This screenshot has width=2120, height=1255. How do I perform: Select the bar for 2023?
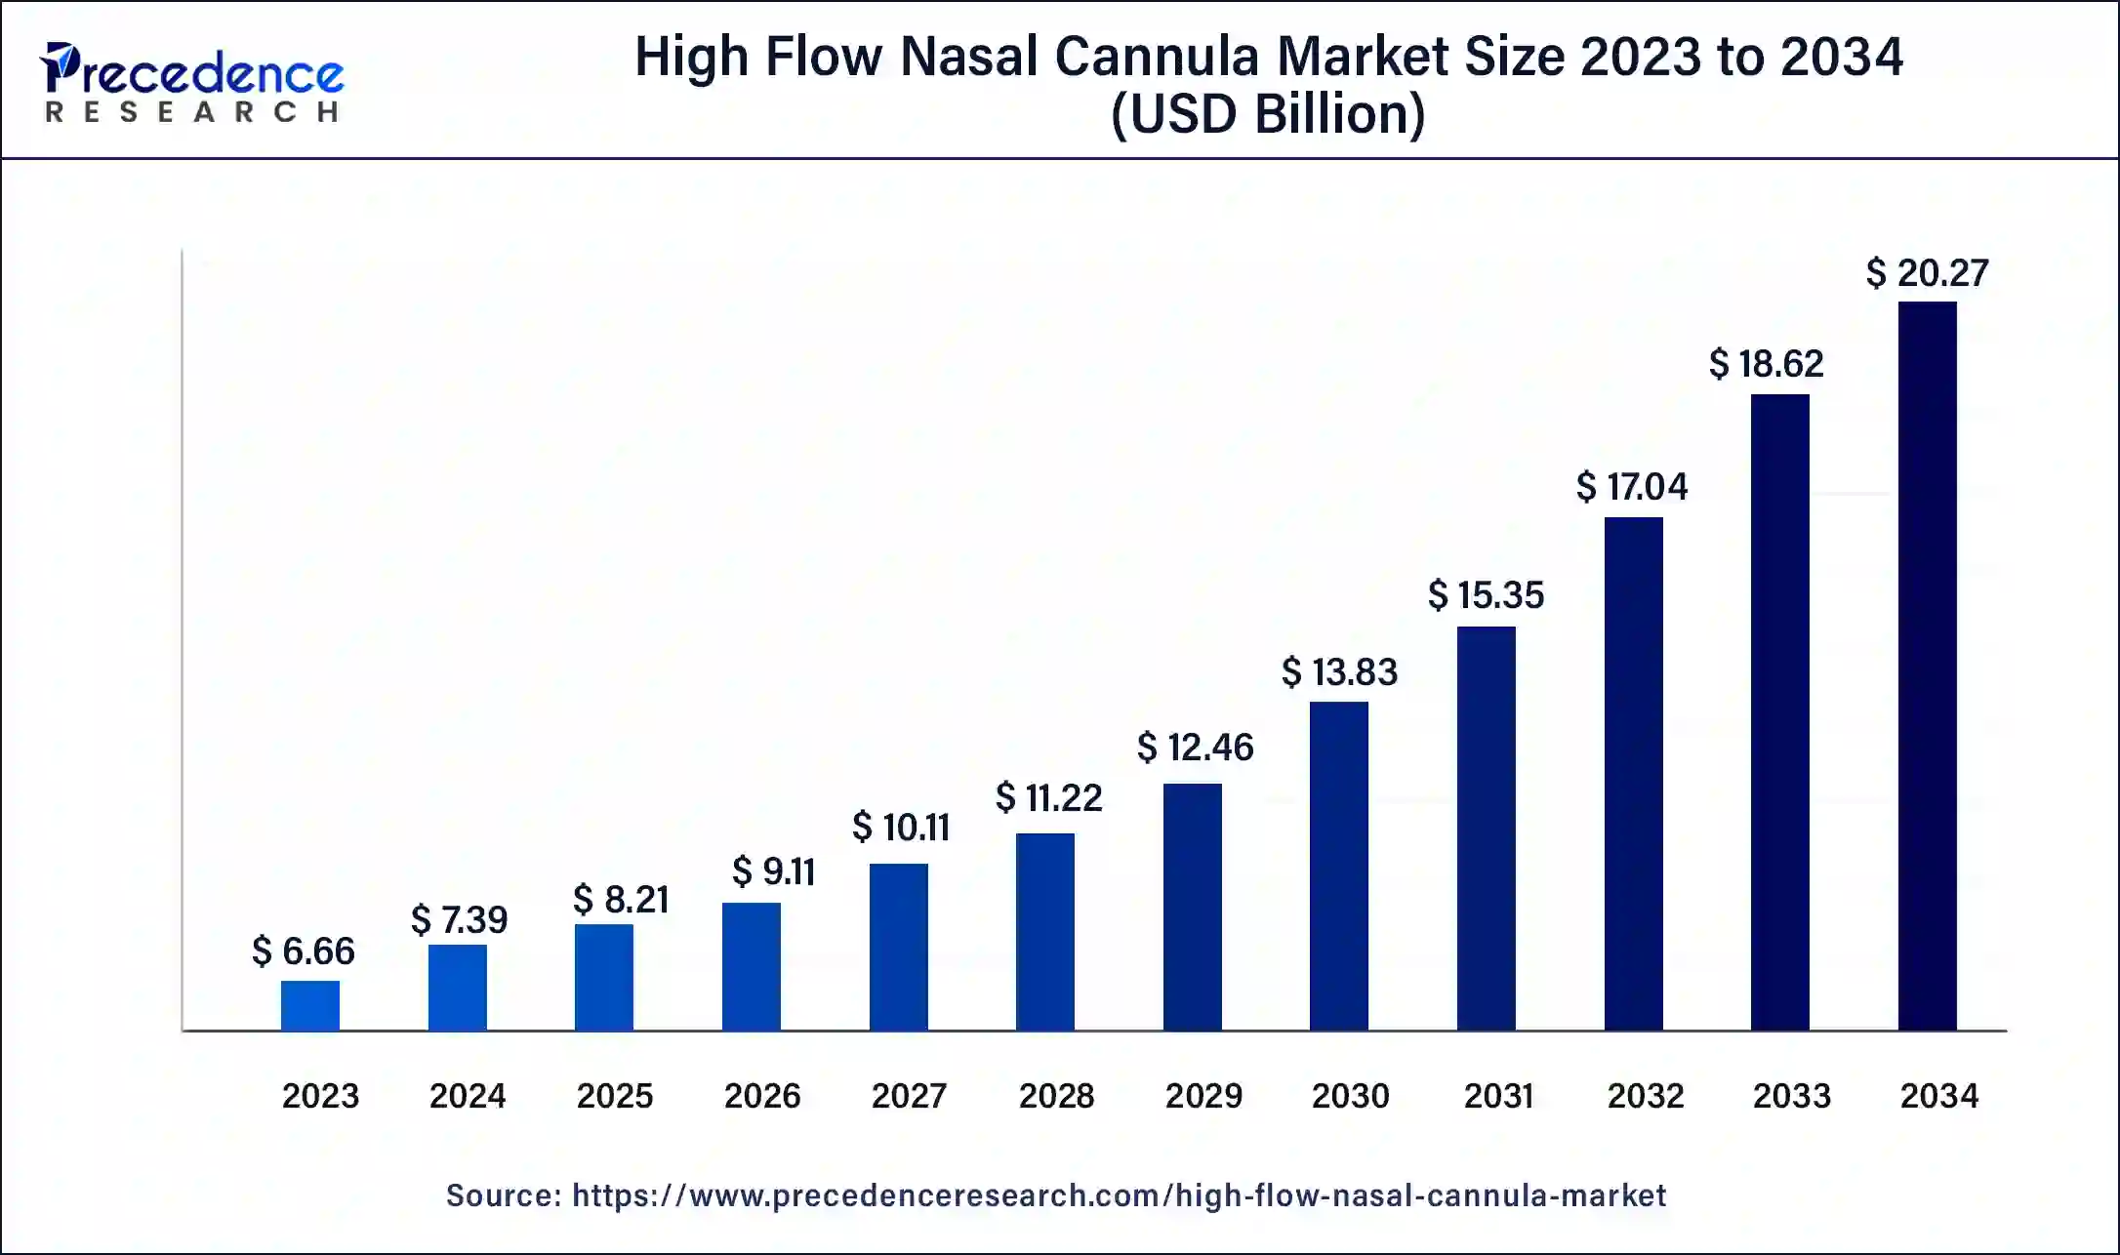[x=310, y=1005]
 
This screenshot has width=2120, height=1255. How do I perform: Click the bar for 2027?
[x=898, y=947]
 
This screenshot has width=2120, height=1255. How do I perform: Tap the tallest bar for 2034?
[x=1927, y=666]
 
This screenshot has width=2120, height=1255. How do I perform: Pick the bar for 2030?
[x=1338, y=866]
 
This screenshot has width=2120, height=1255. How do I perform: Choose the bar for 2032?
[x=1633, y=773]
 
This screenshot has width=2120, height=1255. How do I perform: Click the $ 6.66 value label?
[x=304, y=951]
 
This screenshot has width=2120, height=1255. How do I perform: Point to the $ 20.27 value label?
[x=1927, y=272]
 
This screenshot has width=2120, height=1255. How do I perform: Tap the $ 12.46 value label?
[x=1195, y=748]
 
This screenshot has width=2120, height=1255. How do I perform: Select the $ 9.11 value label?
[x=774, y=871]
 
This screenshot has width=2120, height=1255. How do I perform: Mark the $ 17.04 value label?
[x=1632, y=486]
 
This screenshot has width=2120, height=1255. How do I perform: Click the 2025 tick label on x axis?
[x=614, y=1096]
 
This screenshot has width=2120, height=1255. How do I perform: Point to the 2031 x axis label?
[x=1498, y=1096]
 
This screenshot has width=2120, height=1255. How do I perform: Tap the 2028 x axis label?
[x=1056, y=1096]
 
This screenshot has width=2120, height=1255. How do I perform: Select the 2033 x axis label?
[x=1791, y=1096]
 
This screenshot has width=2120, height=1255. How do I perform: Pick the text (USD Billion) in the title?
[x=1268, y=114]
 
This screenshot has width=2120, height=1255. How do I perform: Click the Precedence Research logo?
[x=192, y=82]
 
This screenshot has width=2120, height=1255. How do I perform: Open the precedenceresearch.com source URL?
[x=1119, y=1195]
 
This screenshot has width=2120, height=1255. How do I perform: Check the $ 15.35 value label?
[x=1486, y=595]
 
